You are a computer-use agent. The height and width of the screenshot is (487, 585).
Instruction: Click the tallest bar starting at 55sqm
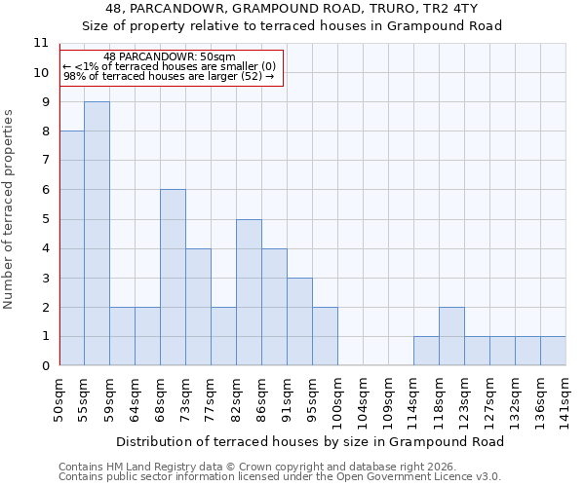pyautogui.click(x=97, y=234)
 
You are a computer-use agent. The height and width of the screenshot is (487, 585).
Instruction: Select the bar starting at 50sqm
pyautogui.click(x=71, y=248)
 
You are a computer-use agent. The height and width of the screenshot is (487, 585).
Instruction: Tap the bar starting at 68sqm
pyautogui.click(x=173, y=278)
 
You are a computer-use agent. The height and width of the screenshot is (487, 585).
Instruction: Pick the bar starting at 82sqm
pyautogui.click(x=249, y=292)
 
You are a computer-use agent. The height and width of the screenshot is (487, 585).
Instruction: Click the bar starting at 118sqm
pyautogui.click(x=451, y=336)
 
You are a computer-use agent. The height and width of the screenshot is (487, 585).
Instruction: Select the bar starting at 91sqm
pyautogui.click(x=299, y=321)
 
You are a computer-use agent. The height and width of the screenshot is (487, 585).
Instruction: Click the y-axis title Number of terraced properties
pyautogui.click(x=9, y=208)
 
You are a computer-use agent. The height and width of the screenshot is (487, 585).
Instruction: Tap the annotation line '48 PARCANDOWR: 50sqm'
pyautogui.click(x=170, y=56)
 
